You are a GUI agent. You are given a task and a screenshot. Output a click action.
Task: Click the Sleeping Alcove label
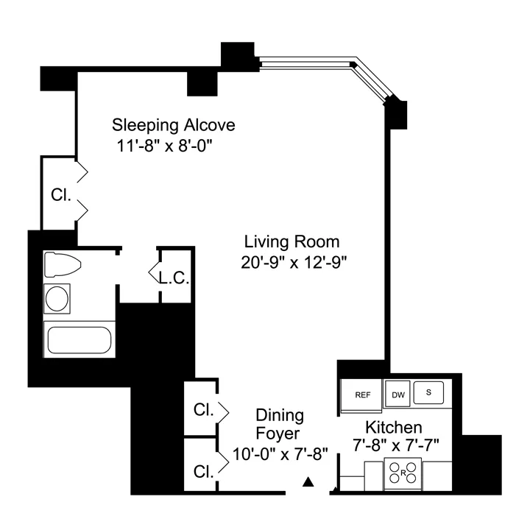point(174,124)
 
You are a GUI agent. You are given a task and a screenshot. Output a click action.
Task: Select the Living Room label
point(292,241)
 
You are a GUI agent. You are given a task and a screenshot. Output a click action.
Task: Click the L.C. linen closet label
point(174,278)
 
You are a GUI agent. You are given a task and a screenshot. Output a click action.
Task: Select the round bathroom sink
point(58,299)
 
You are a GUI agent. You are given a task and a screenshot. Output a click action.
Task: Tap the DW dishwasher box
point(397,395)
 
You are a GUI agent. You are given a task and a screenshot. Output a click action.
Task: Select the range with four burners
point(403,472)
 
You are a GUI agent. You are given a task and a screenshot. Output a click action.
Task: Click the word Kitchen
point(394,428)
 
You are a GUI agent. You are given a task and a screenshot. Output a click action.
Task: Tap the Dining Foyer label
point(279,425)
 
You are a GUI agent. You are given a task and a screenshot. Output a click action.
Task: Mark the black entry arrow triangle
point(309,483)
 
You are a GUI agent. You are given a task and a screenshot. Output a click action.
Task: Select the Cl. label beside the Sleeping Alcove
point(60,195)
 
